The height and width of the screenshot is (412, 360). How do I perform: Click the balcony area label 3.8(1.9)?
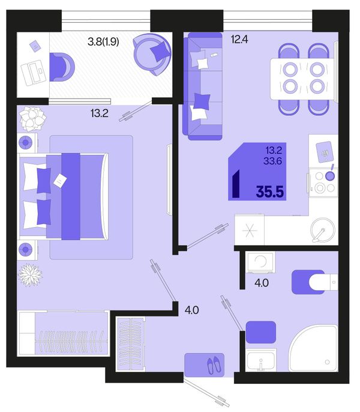coord(103,41)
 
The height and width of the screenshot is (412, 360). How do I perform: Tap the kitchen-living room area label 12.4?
coord(239,40)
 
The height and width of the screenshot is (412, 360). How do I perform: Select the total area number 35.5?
coord(270,192)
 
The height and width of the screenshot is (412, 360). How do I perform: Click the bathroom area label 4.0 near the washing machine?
coord(262,283)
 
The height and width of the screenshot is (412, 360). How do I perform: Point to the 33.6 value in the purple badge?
coord(273,161)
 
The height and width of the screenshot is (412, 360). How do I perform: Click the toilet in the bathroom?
coord(314,282)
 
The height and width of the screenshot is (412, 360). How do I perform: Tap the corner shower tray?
coord(313,348)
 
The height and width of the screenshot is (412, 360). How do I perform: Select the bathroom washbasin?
coord(261,360)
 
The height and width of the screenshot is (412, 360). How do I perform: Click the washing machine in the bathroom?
coord(260,262)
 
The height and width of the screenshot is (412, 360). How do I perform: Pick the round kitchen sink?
coord(323,230)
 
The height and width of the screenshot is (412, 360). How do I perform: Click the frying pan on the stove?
coord(330,174)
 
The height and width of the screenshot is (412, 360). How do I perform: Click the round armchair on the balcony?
coord(152,55)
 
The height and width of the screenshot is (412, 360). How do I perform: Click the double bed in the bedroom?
coord(64,196)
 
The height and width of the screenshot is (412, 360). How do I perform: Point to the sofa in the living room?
coord(202,86)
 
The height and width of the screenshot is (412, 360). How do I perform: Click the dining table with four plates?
coord(304,79)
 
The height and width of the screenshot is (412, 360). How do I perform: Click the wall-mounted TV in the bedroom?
coord(169,180)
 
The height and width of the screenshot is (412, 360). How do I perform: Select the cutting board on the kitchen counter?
coord(324,152)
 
